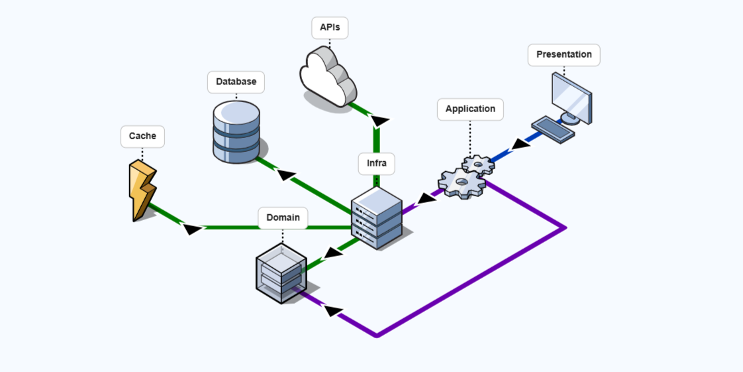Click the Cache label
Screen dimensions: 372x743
(x=142, y=137)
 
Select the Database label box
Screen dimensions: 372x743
(x=236, y=82)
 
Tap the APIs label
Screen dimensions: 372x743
(x=330, y=28)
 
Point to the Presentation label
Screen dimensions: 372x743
(x=564, y=55)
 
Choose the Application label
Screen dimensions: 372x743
(x=470, y=109)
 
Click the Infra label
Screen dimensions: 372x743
(x=377, y=164)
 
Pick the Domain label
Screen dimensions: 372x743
(x=283, y=217)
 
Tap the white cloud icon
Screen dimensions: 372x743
(x=328, y=77)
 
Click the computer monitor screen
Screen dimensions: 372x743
(x=571, y=97)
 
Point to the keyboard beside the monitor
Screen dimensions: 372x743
(x=553, y=129)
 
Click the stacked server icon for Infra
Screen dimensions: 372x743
(x=377, y=218)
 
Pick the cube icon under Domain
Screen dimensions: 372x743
(x=281, y=273)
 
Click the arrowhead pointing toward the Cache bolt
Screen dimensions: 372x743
(x=192, y=229)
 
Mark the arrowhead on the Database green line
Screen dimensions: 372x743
(x=286, y=175)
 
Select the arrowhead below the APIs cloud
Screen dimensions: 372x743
(x=380, y=121)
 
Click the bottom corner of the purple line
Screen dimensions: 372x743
(x=377, y=336)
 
